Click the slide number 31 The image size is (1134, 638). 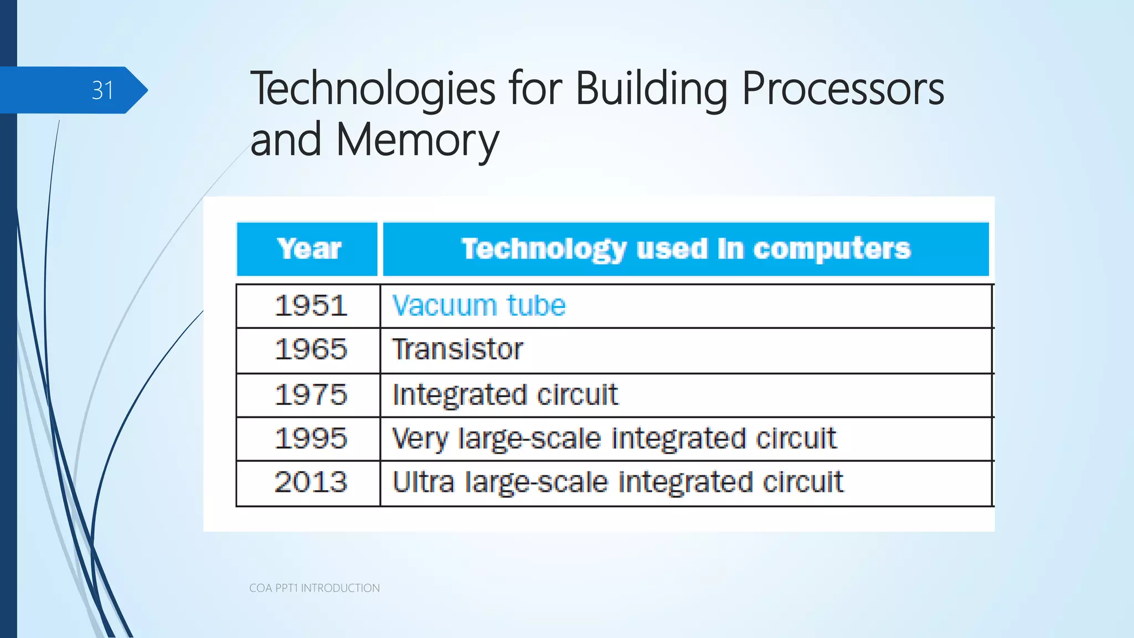coord(102,90)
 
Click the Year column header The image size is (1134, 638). coord(308,249)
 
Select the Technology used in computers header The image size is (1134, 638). coord(685,249)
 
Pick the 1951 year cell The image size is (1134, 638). coord(311,306)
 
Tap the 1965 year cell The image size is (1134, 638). coord(311,350)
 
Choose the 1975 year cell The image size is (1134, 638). coord(311,395)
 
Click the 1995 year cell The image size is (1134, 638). coord(311,439)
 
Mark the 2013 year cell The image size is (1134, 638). coord(311,482)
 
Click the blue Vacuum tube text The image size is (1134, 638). coord(478,306)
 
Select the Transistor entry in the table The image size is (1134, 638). coord(457,350)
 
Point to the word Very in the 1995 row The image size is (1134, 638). coord(419,439)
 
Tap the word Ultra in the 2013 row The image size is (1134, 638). coord(423,482)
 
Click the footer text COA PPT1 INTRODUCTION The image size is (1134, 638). coord(314,588)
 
